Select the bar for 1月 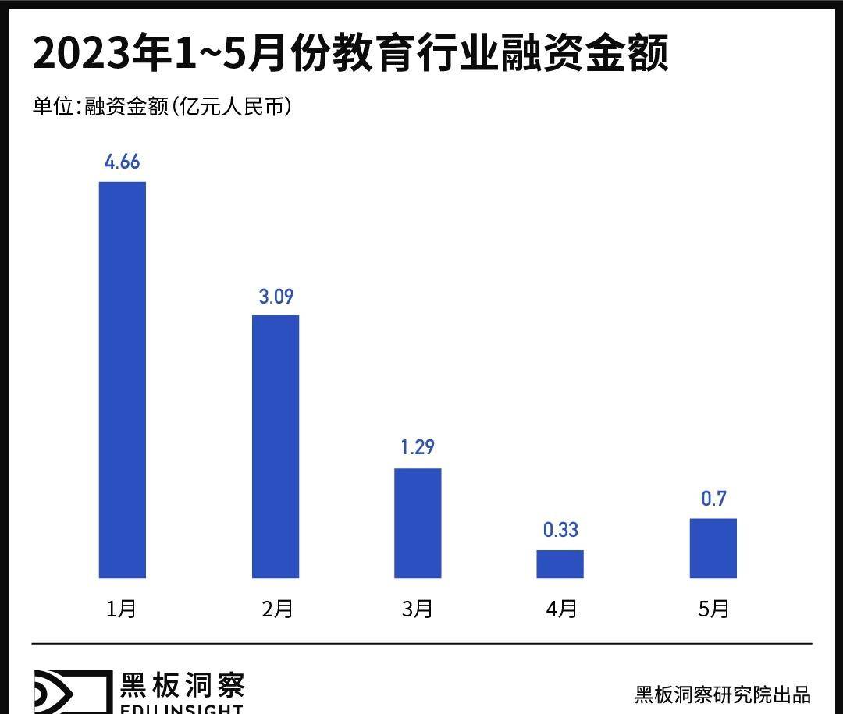coord(123,380)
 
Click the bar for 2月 coord(276,446)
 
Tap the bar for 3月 coord(418,523)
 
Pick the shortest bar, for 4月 coord(560,564)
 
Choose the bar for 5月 coord(713,548)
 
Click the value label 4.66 coord(123,162)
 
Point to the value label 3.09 coord(276,297)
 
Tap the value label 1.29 coord(418,448)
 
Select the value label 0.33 coord(560,530)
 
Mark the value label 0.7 coord(713,499)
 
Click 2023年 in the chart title coord(101,55)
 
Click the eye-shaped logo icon coord(70,691)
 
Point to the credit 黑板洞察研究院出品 coord(723,694)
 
